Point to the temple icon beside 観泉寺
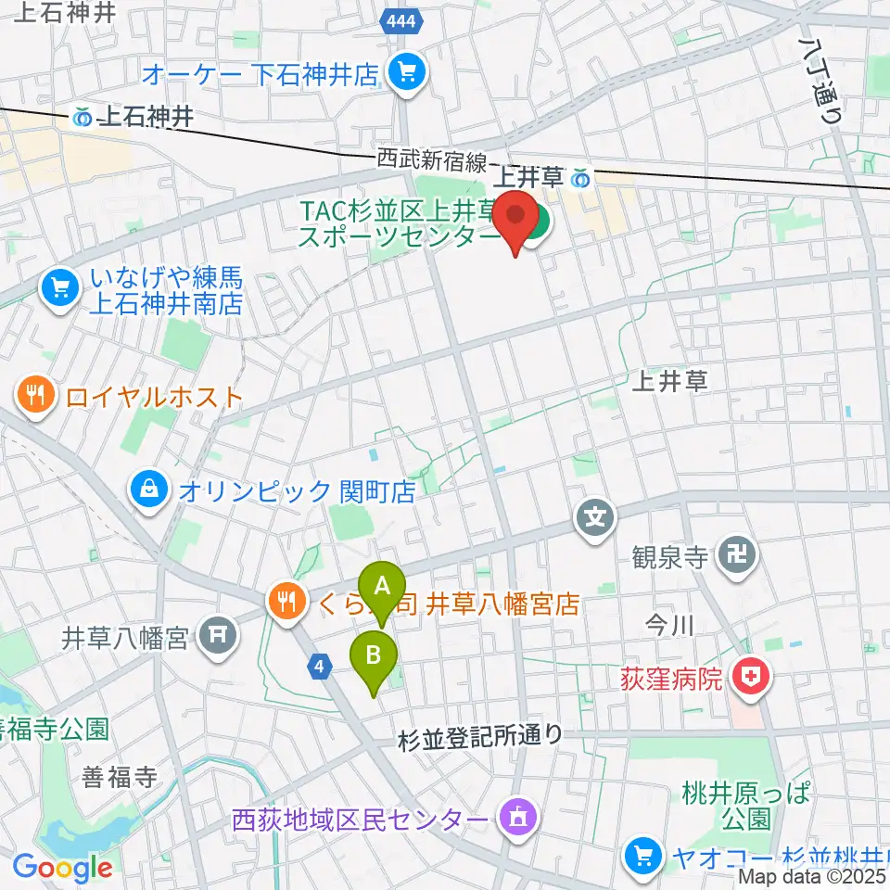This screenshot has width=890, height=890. (x=742, y=556)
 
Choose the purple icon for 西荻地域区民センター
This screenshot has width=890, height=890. (x=515, y=819)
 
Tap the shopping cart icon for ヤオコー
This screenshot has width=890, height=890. (x=642, y=854)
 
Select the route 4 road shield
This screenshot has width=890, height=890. (x=320, y=666)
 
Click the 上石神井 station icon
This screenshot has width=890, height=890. (x=83, y=117)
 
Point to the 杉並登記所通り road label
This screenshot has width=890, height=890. (x=479, y=737)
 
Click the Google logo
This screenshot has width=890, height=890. (x=62, y=869)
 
